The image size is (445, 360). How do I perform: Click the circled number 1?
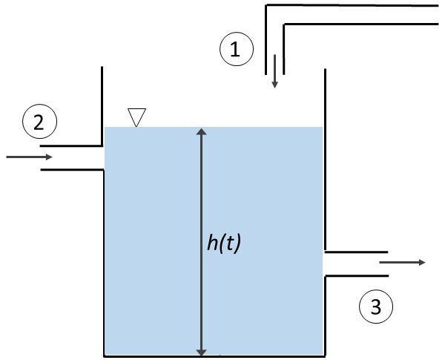click(237, 50)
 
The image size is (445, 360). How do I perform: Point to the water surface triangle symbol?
click(136, 117)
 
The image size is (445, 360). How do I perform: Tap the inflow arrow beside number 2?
click(30, 157)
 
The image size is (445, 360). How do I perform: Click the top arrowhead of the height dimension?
click(201, 133)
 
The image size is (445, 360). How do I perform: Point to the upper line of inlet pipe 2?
click(71, 145)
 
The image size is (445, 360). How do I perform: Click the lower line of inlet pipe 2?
click(71, 170)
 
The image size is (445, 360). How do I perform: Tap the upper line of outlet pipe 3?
click(356, 250)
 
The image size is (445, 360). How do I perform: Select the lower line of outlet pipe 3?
click(356, 275)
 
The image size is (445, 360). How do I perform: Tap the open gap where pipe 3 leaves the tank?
click(324, 263)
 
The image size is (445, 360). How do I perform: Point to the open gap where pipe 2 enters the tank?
click(102, 157)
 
